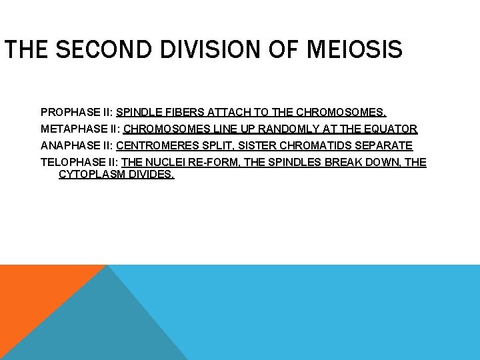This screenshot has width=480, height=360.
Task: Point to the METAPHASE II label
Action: pos(79,129)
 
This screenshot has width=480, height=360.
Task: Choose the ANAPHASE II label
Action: pos(76,145)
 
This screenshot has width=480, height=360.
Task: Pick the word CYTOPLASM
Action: pos(92,175)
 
